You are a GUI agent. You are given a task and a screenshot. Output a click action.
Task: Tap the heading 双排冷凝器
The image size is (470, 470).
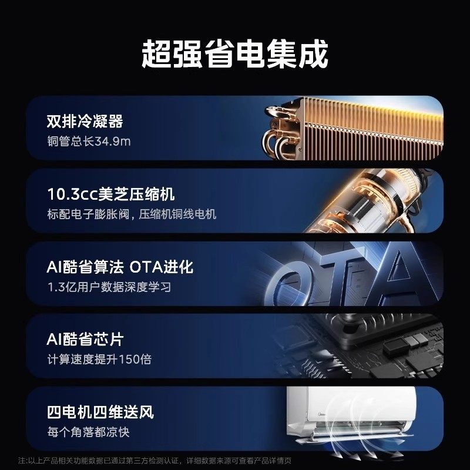tap(85, 122)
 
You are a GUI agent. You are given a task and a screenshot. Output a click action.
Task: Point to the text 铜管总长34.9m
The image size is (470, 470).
tap(89, 142)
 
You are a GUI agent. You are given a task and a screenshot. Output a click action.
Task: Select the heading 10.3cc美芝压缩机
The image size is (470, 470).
tap(111, 194)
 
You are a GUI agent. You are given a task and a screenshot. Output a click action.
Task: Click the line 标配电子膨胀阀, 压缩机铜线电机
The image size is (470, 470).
tap(132, 214)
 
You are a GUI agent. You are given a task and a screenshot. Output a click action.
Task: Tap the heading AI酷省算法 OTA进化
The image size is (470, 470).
tap(120, 267)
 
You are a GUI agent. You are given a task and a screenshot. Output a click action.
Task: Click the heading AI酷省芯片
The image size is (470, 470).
tap(85, 340)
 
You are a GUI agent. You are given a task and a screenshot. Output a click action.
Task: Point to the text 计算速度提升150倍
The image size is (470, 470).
tap(99, 360)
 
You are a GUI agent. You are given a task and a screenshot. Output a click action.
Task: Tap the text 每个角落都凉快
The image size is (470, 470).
tap(89, 432)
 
